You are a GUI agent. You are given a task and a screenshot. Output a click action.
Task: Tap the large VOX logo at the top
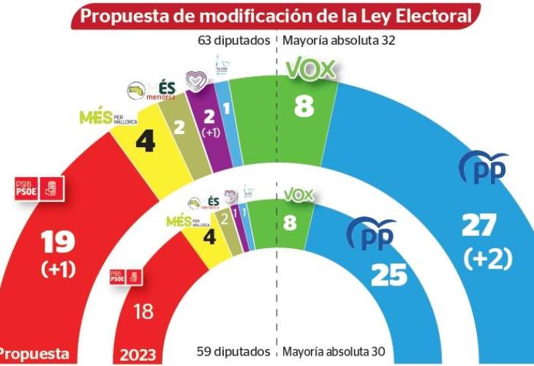pos(310,70)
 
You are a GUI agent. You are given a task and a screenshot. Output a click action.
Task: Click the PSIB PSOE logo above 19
pos(41,189)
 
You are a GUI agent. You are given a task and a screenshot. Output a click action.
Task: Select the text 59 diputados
pos(233,351)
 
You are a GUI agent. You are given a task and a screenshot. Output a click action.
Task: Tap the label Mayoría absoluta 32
pos(339,40)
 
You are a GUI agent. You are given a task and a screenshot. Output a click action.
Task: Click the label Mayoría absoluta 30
pos(339,351)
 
